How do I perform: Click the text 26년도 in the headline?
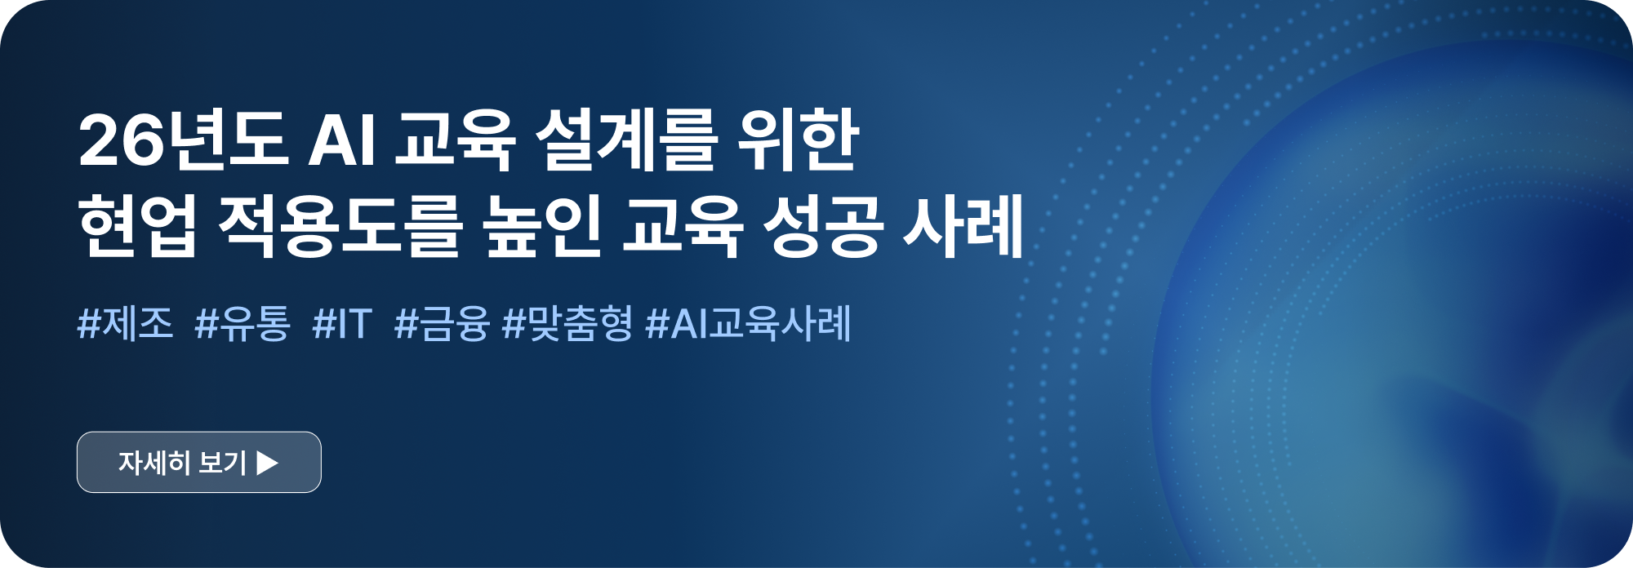(182, 140)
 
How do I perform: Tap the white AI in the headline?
(342, 141)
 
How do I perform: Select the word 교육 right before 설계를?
(455, 140)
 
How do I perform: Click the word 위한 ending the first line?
(798, 140)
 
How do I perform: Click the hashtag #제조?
(125, 323)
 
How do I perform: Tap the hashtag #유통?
(243, 324)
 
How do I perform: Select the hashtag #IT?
(342, 324)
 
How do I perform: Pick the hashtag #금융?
(442, 324)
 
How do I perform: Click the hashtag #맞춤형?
(567, 324)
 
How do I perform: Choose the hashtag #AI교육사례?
(749, 324)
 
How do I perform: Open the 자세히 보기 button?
(199, 462)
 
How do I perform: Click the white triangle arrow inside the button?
(267, 463)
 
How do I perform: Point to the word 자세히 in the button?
(154, 463)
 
